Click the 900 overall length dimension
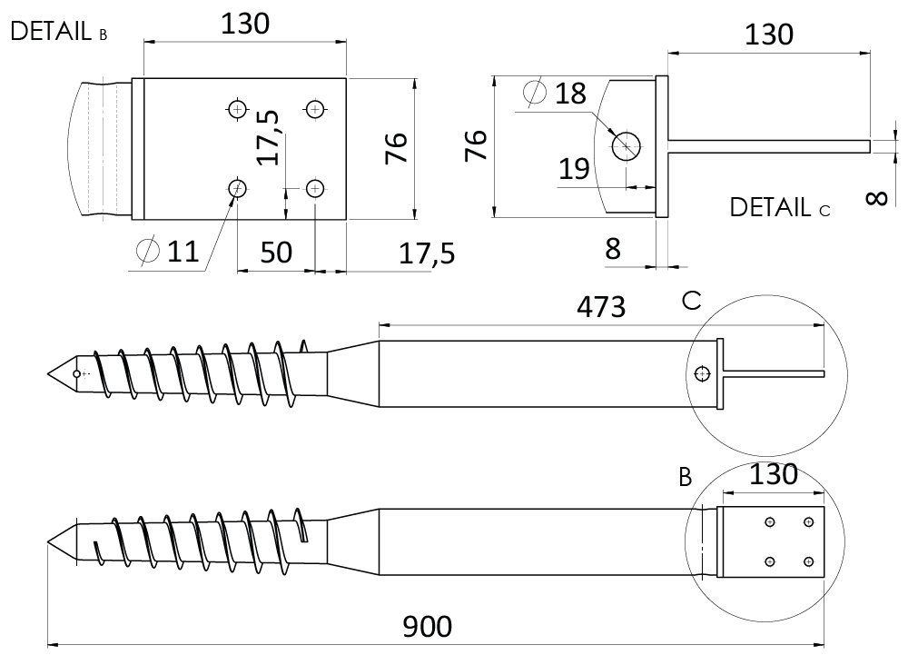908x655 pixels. (428, 627)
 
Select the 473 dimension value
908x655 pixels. (601, 307)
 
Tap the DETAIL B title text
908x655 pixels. (58, 31)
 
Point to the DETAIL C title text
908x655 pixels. (779, 207)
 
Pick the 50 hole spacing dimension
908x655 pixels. (276, 252)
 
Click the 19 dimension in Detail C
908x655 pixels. (574, 169)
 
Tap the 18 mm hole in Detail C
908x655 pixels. (626, 146)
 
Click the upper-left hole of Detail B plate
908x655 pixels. (237, 109)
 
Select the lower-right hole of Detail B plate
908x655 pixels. (315, 188)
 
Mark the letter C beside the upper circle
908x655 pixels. (691, 301)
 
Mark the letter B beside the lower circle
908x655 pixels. (685, 478)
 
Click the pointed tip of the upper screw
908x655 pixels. (48, 374)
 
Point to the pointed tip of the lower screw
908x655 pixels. (48, 542)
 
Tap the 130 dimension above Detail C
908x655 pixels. (768, 35)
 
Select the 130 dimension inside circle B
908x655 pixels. (774, 475)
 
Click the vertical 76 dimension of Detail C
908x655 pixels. (476, 146)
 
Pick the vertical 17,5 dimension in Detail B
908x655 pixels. (268, 138)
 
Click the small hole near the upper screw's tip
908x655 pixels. (76, 373)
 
